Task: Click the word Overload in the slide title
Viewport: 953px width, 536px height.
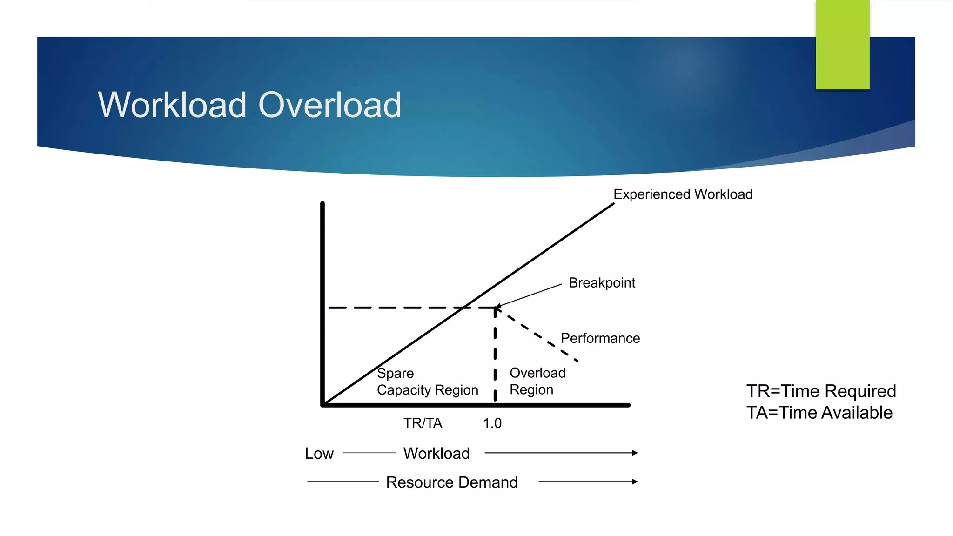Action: coord(329,105)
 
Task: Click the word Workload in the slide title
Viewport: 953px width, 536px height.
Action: coord(172,105)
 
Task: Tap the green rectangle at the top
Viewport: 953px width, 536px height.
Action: coord(842,45)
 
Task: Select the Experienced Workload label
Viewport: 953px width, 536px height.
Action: coord(683,194)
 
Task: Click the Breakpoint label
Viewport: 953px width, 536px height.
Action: coord(602,283)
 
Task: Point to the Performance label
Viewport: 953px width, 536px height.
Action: coord(600,338)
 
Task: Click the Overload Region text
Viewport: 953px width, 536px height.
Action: coord(537,381)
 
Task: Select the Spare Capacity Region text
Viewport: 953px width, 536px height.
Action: coord(427,382)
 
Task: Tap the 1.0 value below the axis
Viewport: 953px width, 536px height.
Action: coord(492,423)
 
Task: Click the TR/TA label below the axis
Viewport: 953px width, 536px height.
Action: coord(423,423)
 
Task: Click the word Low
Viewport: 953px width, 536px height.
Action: coord(319,454)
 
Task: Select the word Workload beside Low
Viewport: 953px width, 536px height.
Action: coord(436,454)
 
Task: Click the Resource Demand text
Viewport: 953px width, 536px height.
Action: coord(451,482)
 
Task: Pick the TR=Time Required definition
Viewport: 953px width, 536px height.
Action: coord(821,391)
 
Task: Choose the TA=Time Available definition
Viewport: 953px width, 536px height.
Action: coord(819,413)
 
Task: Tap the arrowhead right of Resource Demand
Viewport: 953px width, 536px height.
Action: coord(635,482)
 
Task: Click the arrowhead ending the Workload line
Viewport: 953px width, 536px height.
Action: coord(635,453)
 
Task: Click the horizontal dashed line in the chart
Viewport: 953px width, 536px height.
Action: coord(396,308)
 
